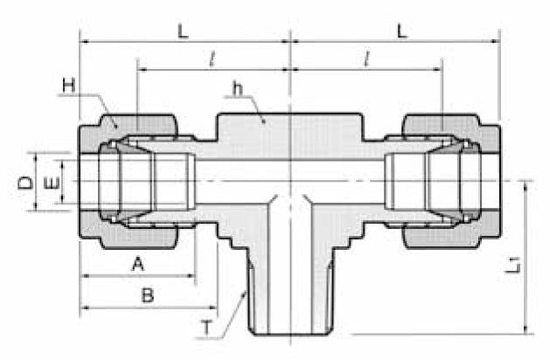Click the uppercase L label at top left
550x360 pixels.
(x=182, y=31)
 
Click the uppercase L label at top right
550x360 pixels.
(x=401, y=31)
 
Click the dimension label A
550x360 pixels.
(x=136, y=263)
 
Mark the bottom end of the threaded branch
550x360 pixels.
(x=289, y=333)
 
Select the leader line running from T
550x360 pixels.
(x=228, y=310)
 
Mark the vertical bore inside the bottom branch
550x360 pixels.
(x=289, y=262)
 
